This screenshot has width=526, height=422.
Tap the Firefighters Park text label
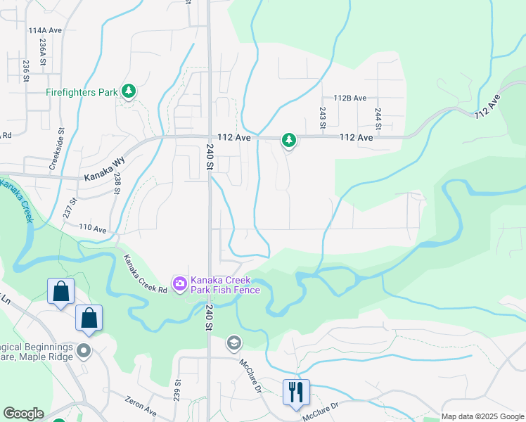pyautogui.click(x=82, y=92)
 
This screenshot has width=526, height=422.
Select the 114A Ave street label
pyautogui.click(x=46, y=31)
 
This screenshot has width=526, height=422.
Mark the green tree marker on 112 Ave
pyautogui.click(x=288, y=141)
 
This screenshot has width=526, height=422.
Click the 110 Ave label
pyautogui.click(x=92, y=229)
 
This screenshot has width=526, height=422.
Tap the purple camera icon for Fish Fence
pyautogui.click(x=180, y=283)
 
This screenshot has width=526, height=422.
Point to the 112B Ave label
pyautogui.click(x=350, y=98)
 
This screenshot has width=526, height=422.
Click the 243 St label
pyautogui.click(x=322, y=117)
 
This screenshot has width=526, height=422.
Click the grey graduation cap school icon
pyautogui.click(x=233, y=343)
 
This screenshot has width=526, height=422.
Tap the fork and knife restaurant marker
pyautogui.click(x=296, y=391)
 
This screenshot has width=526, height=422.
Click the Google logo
pyautogui.click(x=23, y=414)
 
